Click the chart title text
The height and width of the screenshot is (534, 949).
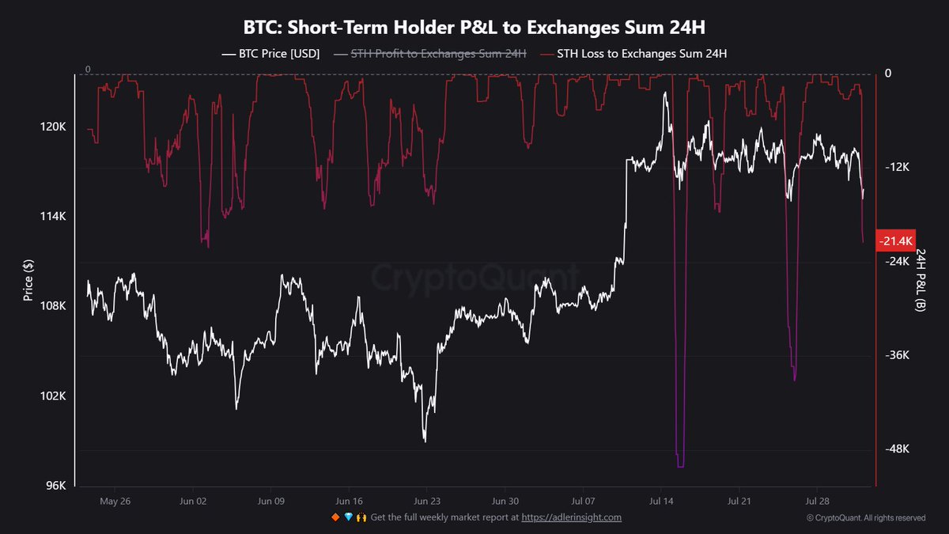(475, 27)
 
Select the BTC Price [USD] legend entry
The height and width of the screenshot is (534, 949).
(270, 55)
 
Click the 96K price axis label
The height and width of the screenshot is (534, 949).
(55, 486)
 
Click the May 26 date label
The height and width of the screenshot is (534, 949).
(115, 501)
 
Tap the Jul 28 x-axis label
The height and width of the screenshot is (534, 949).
(817, 501)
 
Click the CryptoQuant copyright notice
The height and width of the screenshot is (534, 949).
(866, 517)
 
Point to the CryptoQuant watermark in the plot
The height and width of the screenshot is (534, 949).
(475, 277)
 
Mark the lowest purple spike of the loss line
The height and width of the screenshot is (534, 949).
(681, 465)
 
